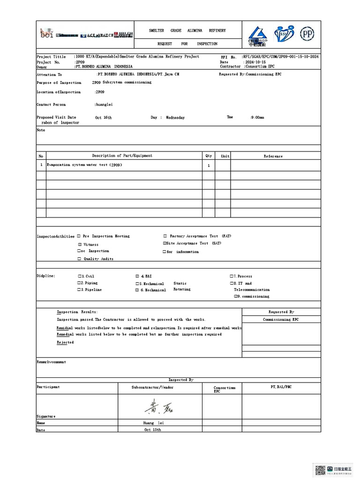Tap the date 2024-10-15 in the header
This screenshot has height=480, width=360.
tap(255, 62)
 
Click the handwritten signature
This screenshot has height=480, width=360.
tap(159, 407)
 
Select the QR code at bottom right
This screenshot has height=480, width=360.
tap(320, 469)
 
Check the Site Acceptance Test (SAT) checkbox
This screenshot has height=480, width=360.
tap(165, 244)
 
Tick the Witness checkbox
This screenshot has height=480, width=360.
tap(80, 245)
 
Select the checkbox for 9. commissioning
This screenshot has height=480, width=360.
tap(236, 297)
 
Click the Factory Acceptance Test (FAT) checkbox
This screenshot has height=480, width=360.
tap(165, 236)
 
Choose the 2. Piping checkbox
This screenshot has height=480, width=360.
tap(79, 283)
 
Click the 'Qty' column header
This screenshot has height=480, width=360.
tap(209, 156)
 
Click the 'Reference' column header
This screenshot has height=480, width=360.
tap(273, 156)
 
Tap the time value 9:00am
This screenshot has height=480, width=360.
tap(257, 118)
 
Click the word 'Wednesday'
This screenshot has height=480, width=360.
tap(175, 118)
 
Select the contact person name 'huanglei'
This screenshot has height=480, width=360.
tap(104, 105)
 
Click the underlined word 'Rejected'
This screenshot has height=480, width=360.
tap(65, 343)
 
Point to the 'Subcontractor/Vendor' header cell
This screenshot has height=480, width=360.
tap(152, 388)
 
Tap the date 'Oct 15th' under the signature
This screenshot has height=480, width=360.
tap(152, 429)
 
